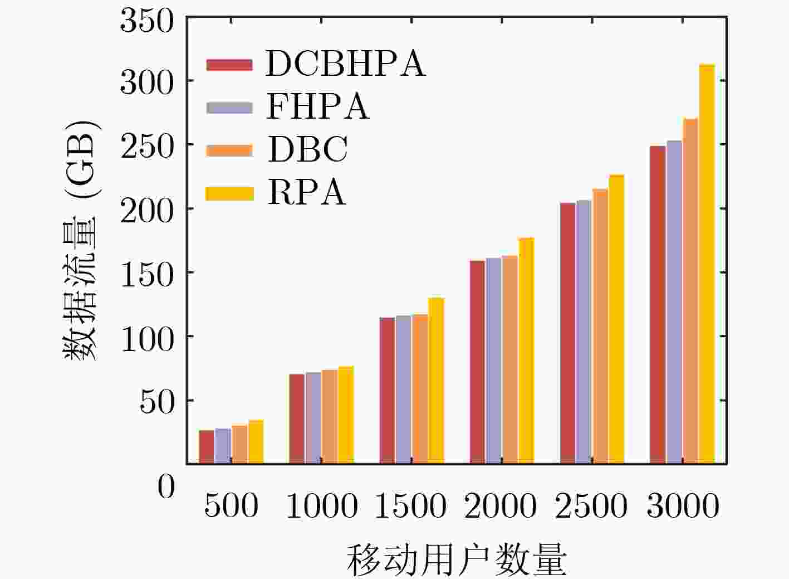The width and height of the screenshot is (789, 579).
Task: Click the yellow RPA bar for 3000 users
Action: pos(707,264)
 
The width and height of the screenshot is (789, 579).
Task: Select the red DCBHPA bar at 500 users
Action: pos(207,447)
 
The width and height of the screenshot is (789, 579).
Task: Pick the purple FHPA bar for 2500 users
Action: pos(584,332)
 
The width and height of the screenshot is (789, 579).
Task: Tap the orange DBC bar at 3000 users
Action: pos(690,291)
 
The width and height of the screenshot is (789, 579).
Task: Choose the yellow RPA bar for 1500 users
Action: pos(437,381)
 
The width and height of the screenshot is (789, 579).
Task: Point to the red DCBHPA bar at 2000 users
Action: pos(477,362)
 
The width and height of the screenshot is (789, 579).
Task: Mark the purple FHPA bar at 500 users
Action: pos(223,446)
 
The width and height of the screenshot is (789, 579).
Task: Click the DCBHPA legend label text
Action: pos(345,64)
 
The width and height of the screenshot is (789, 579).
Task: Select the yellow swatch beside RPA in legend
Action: pos(229,193)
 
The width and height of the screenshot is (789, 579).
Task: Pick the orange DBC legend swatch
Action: pos(229,150)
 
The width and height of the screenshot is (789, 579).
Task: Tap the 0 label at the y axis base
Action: pos(166,486)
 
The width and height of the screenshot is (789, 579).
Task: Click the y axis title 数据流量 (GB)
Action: pos(81,240)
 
